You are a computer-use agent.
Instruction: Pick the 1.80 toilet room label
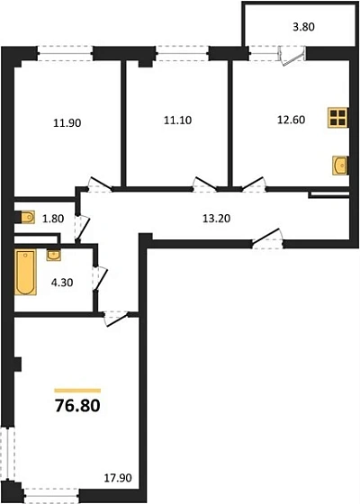54,217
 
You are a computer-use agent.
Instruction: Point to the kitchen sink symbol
339,166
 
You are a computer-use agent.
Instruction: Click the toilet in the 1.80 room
27,217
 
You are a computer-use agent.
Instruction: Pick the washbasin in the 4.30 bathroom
53,255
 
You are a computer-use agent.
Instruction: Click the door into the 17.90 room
115,317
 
